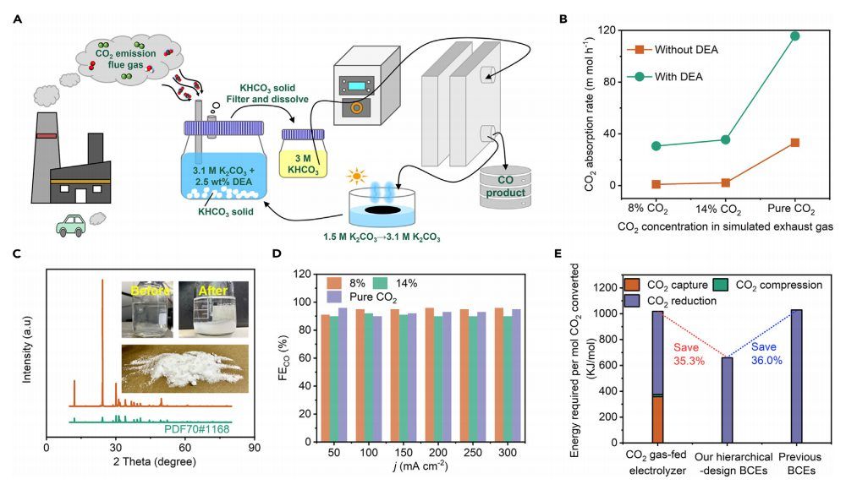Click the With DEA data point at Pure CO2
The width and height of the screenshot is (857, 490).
pos(795,35)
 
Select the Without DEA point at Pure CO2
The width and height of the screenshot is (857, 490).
pos(795,143)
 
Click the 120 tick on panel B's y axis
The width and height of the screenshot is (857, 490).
pos(603,30)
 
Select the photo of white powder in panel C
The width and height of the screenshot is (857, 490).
pos(184,369)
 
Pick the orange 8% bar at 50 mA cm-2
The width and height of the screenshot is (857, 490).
pos(326,378)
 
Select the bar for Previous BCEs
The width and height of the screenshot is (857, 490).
pos(794,376)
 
